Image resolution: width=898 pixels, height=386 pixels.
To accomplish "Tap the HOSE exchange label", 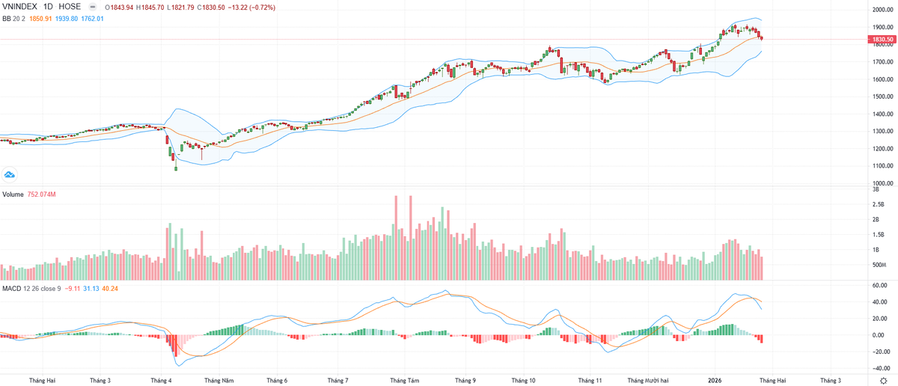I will point(69,6).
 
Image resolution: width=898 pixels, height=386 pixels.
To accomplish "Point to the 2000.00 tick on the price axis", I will point(882,10).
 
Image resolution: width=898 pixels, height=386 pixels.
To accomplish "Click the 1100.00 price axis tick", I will point(882,166).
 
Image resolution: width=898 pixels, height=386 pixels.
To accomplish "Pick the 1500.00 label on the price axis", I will point(882,96).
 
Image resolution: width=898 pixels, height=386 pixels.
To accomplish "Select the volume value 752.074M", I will point(43,194).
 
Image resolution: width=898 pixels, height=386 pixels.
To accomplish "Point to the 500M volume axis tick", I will point(880,266).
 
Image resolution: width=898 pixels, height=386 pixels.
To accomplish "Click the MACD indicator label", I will point(11,288).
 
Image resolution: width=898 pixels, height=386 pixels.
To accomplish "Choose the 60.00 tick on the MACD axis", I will point(880,286).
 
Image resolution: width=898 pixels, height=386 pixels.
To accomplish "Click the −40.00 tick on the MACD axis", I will point(879,368).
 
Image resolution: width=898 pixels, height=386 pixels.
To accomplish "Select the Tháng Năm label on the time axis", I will point(220,380).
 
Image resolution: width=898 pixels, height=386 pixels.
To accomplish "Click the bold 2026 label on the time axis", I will point(715,380).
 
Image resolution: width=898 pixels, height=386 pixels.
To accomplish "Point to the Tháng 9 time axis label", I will point(465,380).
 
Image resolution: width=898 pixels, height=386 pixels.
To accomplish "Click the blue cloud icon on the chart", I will point(10,174).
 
